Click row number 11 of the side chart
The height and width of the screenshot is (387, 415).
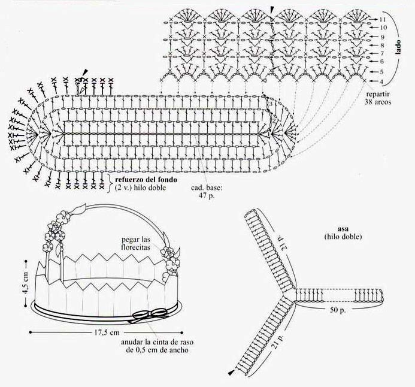382,20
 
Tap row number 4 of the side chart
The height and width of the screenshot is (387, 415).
382,81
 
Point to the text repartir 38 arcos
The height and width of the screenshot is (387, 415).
378,98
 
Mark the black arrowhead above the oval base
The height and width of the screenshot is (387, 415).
84,72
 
